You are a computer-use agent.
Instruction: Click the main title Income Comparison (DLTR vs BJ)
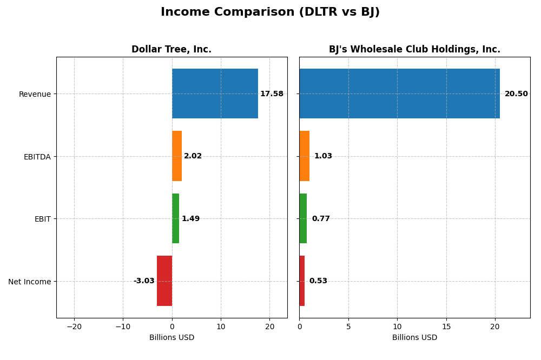270,12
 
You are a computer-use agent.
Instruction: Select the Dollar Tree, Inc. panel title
171,49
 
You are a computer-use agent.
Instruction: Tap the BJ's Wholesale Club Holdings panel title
414,49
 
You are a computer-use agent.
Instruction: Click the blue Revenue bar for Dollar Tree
215,94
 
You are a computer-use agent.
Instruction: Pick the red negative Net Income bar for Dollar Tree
164,281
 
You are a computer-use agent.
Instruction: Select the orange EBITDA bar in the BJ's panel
304,156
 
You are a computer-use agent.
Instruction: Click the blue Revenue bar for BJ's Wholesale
399,94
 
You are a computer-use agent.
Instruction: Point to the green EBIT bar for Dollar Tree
175,218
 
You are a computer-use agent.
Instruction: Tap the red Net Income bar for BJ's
302,281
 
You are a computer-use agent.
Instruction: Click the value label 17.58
272,94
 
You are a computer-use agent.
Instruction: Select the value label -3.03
144,281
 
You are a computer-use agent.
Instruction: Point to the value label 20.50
516,94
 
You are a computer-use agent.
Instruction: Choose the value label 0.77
321,219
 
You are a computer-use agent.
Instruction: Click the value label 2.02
193,156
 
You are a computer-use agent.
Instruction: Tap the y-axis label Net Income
30,282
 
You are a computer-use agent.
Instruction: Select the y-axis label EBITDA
37,157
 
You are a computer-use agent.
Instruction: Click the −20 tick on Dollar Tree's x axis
74,327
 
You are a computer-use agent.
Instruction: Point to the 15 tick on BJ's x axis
446,327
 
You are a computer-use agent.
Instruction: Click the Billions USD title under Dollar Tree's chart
171,338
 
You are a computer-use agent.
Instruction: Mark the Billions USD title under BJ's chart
414,338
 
